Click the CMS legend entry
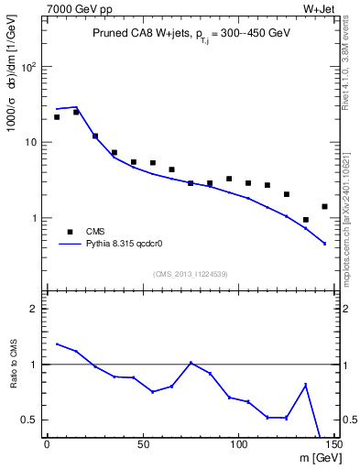(94, 232)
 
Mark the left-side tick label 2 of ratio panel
(33, 309)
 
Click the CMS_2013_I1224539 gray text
(190, 274)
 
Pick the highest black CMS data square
(76, 112)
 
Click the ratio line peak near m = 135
(305, 385)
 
